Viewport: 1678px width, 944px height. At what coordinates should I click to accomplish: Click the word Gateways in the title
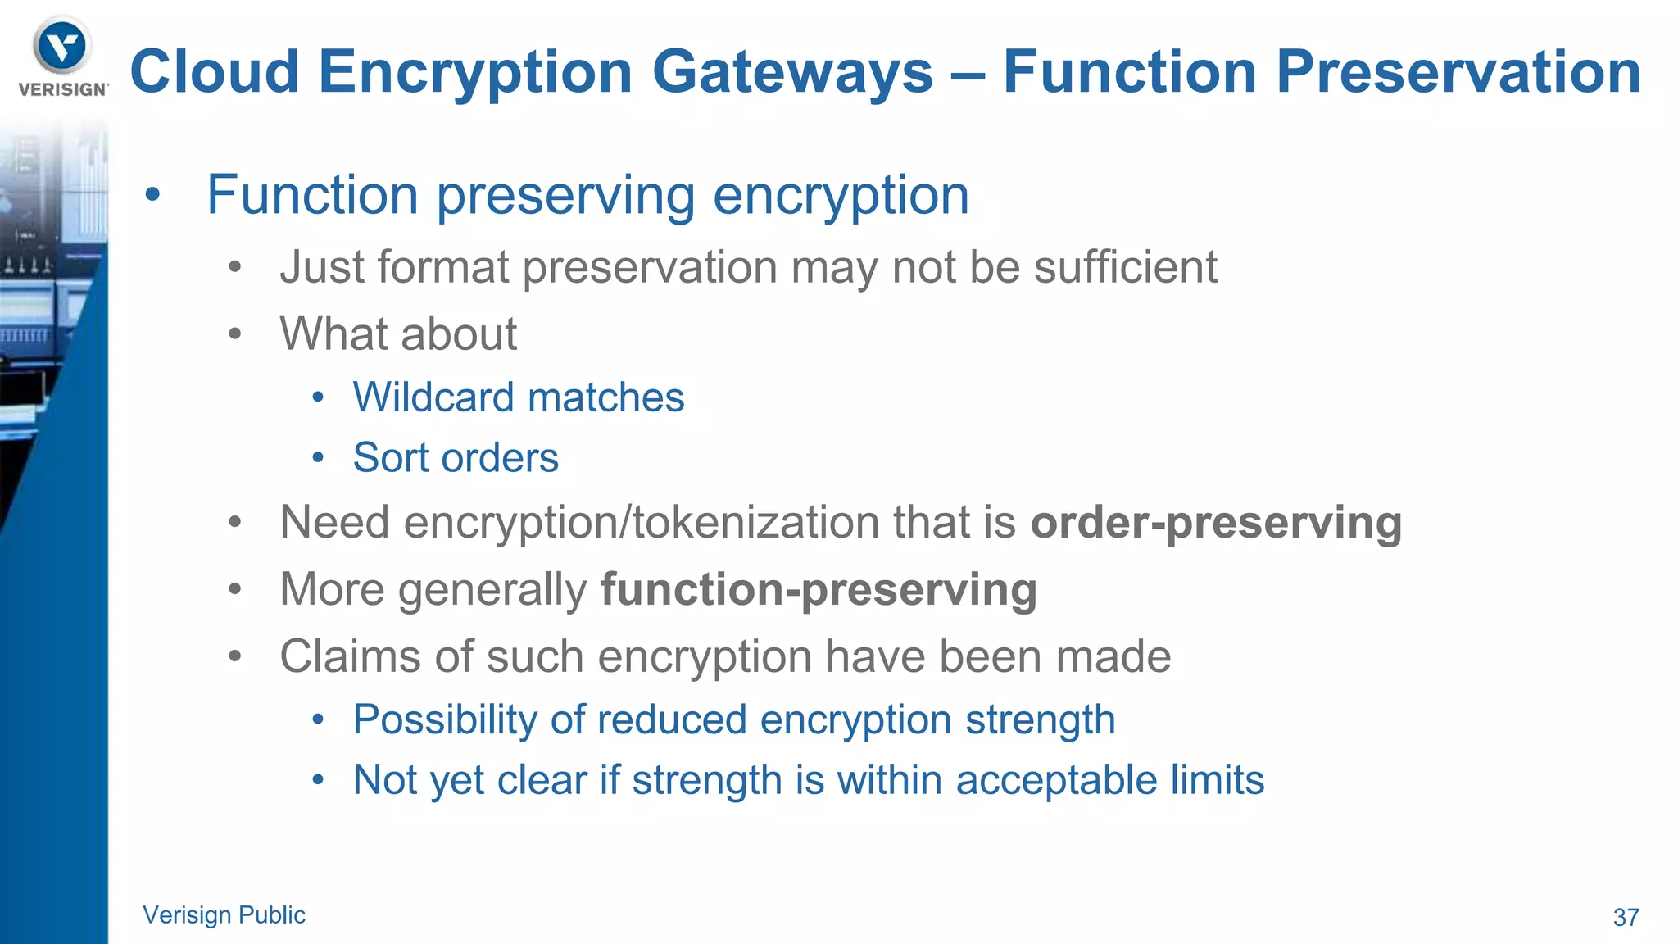(x=792, y=72)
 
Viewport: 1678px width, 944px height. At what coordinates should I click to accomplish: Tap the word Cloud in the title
(x=215, y=72)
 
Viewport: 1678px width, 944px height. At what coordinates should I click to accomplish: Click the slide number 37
(x=1626, y=917)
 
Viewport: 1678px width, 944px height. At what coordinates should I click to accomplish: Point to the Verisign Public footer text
(x=224, y=914)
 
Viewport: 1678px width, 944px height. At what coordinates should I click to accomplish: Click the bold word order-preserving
(x=1216, y=523)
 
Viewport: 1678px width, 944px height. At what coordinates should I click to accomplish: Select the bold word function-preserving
(x=819, y=590)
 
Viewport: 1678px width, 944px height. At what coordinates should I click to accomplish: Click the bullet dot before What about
(x=235, y=334)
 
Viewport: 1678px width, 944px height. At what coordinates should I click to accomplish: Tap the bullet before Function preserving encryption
(x=152, y=196)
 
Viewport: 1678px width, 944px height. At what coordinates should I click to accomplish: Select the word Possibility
(x=445, y=720)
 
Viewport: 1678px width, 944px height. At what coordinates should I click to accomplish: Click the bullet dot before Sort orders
(x=318, y=458)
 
